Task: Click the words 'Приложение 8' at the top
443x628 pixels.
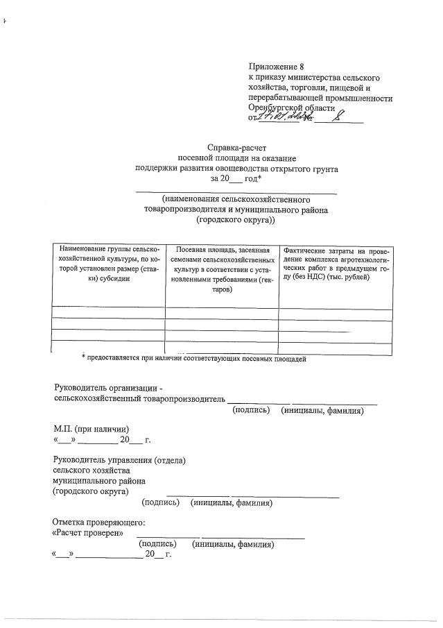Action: (276, 66)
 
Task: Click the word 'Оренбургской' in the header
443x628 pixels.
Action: (276, 108)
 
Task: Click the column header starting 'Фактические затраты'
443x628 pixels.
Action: (335, 263)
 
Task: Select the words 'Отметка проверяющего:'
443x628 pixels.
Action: (98, 522)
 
